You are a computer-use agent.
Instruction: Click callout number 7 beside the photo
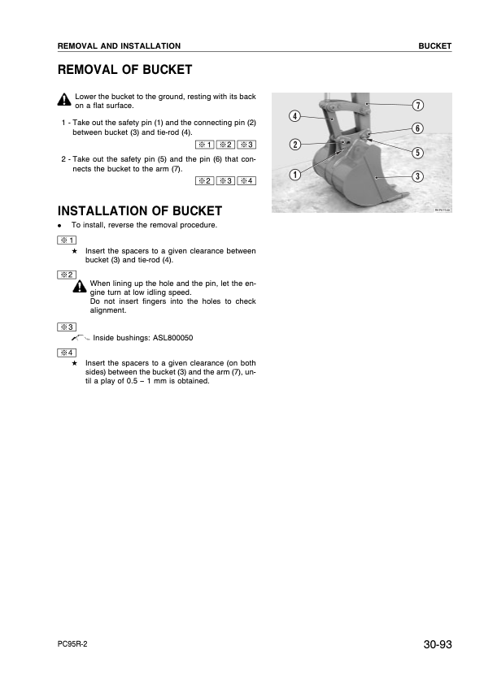pyautogui.click(x=416, y=106)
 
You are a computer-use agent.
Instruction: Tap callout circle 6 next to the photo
pyautogui.click(x=416, y=128)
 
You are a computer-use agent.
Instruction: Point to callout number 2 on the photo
pyautogui.click(x=294, y=145)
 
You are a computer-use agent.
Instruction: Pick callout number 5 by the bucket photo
pyautogui.click(x=416, y=152)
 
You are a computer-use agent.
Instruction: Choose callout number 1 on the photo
pyautogui.click(x=294, y=174)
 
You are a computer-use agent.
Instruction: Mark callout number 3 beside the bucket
pyautogui.click(x=416, y=176)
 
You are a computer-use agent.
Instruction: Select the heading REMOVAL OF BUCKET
pyautogui.click(x=124, y=70)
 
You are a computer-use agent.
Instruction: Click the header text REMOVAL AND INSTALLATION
pyautogui.click(x=119, y=46)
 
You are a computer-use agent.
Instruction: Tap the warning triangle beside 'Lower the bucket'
pyautogui.click(x=64, y=101)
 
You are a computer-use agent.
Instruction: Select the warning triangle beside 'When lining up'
pyautogui.click(x=79, y=288)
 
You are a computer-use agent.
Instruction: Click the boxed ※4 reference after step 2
pyautogui.click(x=247, y=180)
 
